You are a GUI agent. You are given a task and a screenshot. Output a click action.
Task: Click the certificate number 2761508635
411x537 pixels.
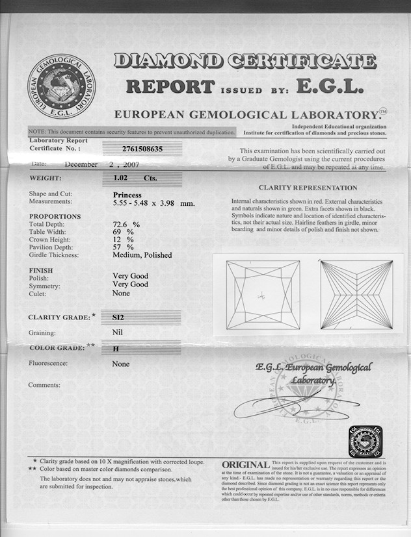pos(143,149)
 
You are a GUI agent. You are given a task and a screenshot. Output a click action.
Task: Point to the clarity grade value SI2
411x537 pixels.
pos(118,318)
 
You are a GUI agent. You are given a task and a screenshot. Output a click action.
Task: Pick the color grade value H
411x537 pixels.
pos(116,349)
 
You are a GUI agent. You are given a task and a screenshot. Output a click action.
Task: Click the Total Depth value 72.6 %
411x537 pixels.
pos(127,225)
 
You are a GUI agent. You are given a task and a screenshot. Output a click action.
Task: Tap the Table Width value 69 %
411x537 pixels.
pos(122,232)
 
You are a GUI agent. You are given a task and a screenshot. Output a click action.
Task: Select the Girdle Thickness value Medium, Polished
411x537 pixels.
pos(142,255)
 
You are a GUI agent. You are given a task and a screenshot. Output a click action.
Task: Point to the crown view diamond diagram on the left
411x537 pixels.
pos(263,294)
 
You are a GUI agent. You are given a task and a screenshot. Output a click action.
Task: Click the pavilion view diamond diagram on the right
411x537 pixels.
pos(356,294)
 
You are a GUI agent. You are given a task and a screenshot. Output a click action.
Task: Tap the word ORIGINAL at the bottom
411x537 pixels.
pos(245,465)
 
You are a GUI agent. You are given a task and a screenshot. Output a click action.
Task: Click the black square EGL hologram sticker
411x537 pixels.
pos(365,441)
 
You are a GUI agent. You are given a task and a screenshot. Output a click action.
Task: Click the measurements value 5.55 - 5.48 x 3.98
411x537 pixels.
pos(153,203)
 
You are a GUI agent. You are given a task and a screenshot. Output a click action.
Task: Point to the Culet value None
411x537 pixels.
pos(121,293)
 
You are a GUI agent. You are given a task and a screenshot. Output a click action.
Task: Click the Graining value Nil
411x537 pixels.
pos(118,333)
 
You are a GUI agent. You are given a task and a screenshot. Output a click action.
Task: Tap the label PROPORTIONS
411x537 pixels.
pos(55,216)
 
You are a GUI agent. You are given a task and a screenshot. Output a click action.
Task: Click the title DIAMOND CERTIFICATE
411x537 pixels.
pos(245,62)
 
